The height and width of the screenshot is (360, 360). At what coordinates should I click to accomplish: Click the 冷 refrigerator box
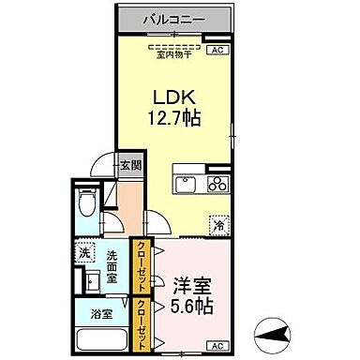tap(219, 225)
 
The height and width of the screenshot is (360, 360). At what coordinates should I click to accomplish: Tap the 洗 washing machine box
tap(85, 253)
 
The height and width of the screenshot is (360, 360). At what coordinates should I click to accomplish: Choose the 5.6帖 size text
tap(192, 307)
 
